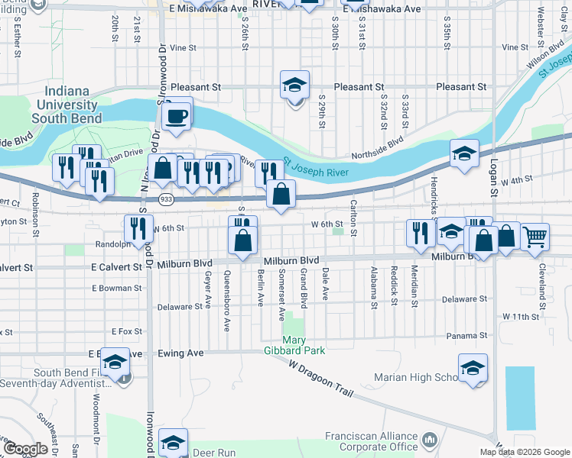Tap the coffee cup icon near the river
pyautogui.click(x=177, y=116)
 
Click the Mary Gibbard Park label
pyautogui.click(x=304, y=345)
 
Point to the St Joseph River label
pyautogui.click(x=316, y=169)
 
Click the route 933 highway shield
pyautogui.click(x=164, y=198)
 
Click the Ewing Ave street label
pyautogui.click(x=180, y=353)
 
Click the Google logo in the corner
pyautogui.click(x=25, y=449)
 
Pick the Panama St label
pyautogui.click(x=467, y=336)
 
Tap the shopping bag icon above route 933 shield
pyautogui.click(x=163, y=169)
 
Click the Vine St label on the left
pyautogui.click(x=184, y=47)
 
